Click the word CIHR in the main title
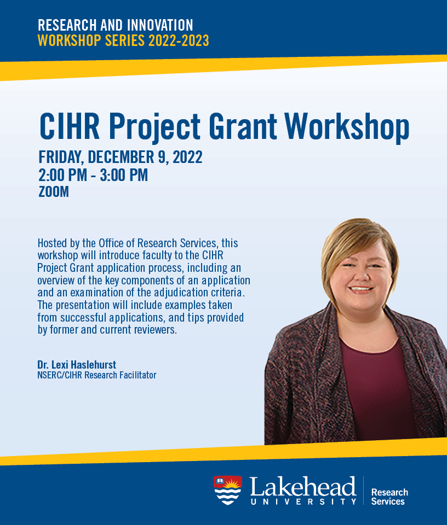[x=70, y=126]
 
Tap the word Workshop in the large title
[x=347, y=127]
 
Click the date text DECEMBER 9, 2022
[x=145, y=157]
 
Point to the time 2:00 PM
[x=62, y=175]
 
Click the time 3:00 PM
[x=124, y=175]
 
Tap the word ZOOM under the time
[x=54, y=192]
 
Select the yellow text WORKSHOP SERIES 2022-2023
[x=123, y=40]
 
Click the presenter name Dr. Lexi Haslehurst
[x=77, y=365]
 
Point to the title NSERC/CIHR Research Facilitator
[x=97, y=375]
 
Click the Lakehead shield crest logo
[x=228, y=490]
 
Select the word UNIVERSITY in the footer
[x=303, y=501]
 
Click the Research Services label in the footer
[x=389, y=497]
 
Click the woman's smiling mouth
[x=360, y=289]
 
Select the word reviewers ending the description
[x=155, y=330]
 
